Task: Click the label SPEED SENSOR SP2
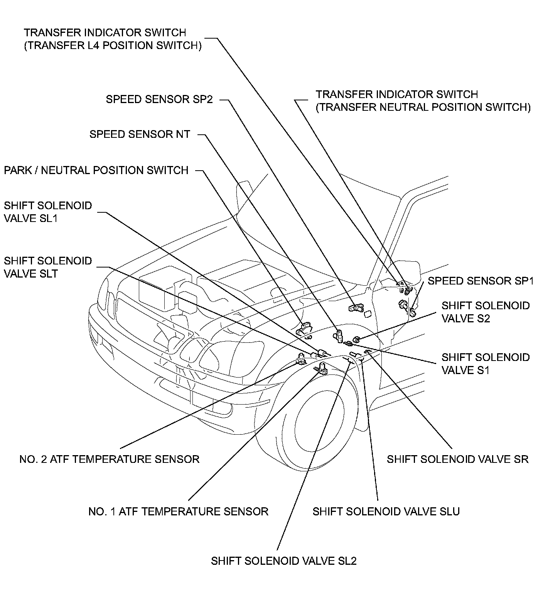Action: click(159, 99)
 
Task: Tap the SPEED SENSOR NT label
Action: click(140, 134)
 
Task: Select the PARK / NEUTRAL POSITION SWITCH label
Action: click(96, 170)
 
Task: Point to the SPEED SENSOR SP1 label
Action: click(481, 281)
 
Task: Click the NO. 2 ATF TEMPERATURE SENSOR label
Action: click(109, 459)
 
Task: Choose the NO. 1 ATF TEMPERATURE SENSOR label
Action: click(178, 512)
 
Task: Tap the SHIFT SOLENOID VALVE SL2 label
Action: click(283, 561)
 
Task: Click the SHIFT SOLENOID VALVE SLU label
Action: click(386, 512)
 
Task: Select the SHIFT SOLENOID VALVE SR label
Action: click(457, 459)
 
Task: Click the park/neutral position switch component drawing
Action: click(304, 329)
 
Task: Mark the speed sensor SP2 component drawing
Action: click(356, 307)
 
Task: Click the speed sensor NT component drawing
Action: click(339, 335)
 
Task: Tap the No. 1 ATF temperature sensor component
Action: click(322, 369)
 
